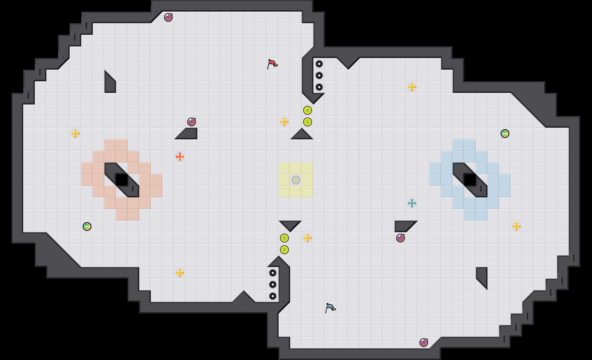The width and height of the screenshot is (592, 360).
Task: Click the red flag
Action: (x=272, y=64)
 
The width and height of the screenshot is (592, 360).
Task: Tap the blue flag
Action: (x=330, y=308)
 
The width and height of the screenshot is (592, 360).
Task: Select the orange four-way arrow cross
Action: (x=180, y=157)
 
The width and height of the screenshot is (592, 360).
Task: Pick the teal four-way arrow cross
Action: (x=412, y=203)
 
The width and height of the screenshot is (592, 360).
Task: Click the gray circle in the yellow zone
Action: (x=296, y=180)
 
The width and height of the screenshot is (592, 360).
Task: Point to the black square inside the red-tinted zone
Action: (x=122, y=180)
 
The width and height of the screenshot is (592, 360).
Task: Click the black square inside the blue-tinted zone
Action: (x=470, y=180)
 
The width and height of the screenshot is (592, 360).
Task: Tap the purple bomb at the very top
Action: (x=168, y=17)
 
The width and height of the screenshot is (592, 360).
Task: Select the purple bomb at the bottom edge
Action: (x=424, y=343)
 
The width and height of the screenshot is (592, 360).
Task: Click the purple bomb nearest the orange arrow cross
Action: (x=192, y=122)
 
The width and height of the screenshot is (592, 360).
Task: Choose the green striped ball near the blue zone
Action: (x=505, y=134)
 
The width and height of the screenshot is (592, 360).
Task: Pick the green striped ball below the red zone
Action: (x=87, y=226)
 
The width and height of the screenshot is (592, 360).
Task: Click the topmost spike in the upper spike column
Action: (x=319, y=64)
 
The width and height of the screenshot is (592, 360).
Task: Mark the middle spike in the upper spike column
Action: (x=319, y=75)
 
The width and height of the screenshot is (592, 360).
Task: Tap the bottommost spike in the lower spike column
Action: (x=273, y=296)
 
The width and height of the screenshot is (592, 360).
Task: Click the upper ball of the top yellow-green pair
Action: (x=308, y=110)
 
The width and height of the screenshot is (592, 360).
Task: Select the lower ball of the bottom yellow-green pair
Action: (x=284, y=250)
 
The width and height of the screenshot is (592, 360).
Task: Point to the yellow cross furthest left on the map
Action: (x=75, y=134)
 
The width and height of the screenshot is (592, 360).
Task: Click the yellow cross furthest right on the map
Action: (x=517, y=226)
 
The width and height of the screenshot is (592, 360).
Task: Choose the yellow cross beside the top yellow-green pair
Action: (x=284, y=122)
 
